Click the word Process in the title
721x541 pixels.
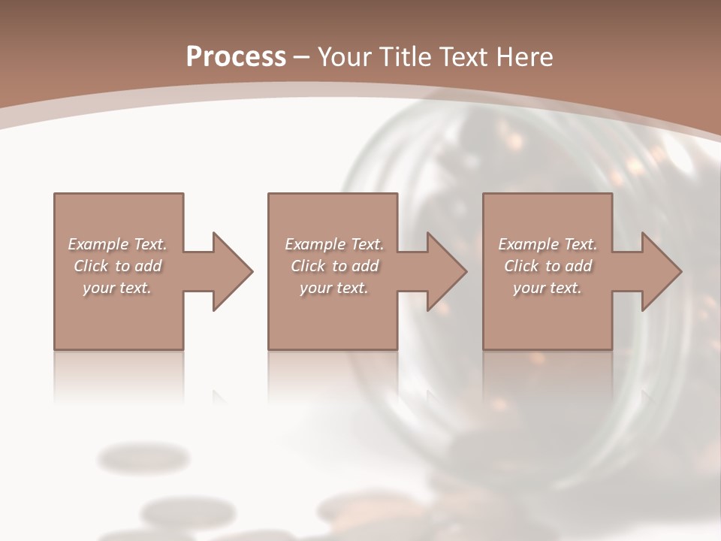tap(236, 57)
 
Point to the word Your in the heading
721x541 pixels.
tap(347, 57)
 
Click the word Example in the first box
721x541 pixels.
tap(98, 244)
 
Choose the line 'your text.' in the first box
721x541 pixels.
tap(117, 288)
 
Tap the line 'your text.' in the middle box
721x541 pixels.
tap(334, 288)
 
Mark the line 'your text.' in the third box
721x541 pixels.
tap(548, 288)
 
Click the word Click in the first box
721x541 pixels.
tap(92, 266)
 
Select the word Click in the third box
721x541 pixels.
tap(522, 266)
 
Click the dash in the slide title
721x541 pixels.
tap(301, 57)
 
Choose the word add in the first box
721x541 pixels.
tap(148, 266)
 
